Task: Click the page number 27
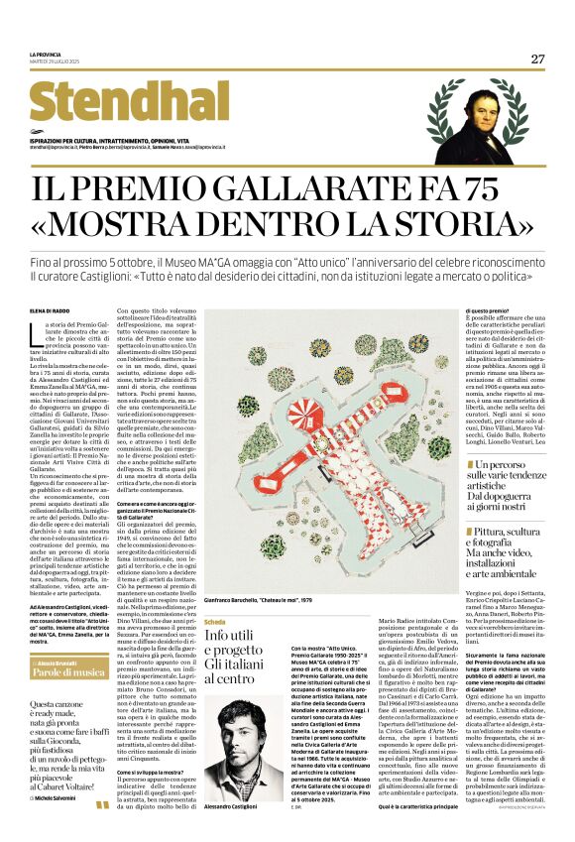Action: pos(537,59)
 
